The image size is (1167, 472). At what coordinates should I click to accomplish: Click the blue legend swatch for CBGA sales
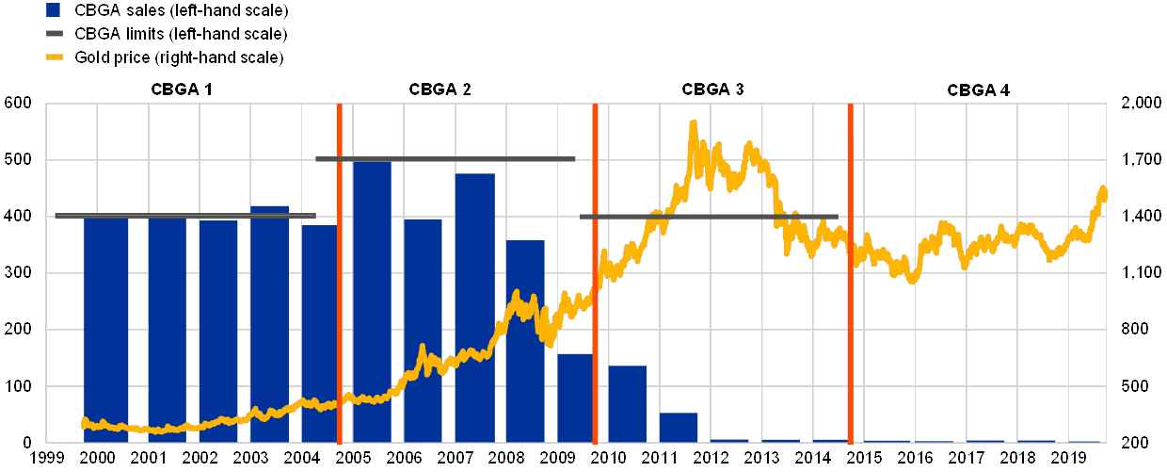tap(53, 10)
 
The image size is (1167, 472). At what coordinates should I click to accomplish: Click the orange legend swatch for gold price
tap(53, 58)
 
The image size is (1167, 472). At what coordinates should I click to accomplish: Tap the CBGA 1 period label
tap(181, 90)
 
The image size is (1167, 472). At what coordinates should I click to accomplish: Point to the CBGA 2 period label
tap(440, 90)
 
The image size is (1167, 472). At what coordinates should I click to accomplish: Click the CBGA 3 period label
tap(712, 90)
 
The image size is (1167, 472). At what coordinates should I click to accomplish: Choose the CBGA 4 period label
tap(978, 90)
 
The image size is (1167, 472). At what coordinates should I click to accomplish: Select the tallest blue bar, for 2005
tap(372, 301)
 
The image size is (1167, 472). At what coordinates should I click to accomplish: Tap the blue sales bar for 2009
tap(575, 397)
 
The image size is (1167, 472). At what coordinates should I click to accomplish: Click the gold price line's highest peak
tap(694, 122)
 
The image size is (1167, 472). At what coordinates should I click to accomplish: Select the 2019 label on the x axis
tap(1070, 459)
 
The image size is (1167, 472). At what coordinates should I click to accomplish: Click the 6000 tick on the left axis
tap(19, 105)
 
